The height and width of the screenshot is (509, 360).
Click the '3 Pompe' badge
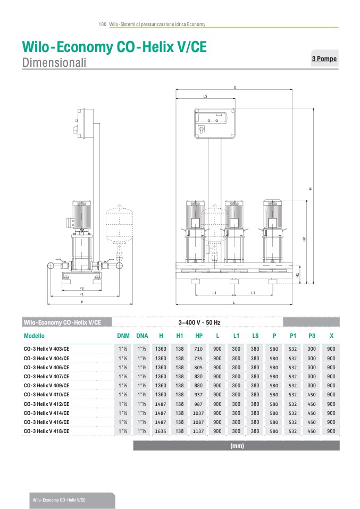tap(324, 58)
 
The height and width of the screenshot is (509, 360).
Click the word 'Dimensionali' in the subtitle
tap(54, 63)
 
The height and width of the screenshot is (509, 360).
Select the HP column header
tap(199, 336)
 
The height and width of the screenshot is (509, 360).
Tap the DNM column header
tap(123, 336)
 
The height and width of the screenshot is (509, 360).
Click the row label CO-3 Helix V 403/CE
tap(46, 349)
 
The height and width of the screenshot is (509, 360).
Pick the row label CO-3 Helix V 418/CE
tap(46, 431)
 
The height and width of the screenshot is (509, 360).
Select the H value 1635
tap(161, 431)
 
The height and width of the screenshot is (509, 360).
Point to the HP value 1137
tap(199, 431)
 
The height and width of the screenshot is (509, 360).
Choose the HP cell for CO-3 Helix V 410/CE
tap(199, 395)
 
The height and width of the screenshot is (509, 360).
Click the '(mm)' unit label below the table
tap(237, 446)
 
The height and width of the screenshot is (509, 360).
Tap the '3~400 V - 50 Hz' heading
tap(199, 323)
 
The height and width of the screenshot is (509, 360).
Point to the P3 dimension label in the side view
tap(81, 288)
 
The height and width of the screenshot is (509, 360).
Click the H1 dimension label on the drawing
tap(298, 275)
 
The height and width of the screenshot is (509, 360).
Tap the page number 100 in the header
tap(103, 24)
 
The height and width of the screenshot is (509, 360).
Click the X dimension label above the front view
tap(235, 87)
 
